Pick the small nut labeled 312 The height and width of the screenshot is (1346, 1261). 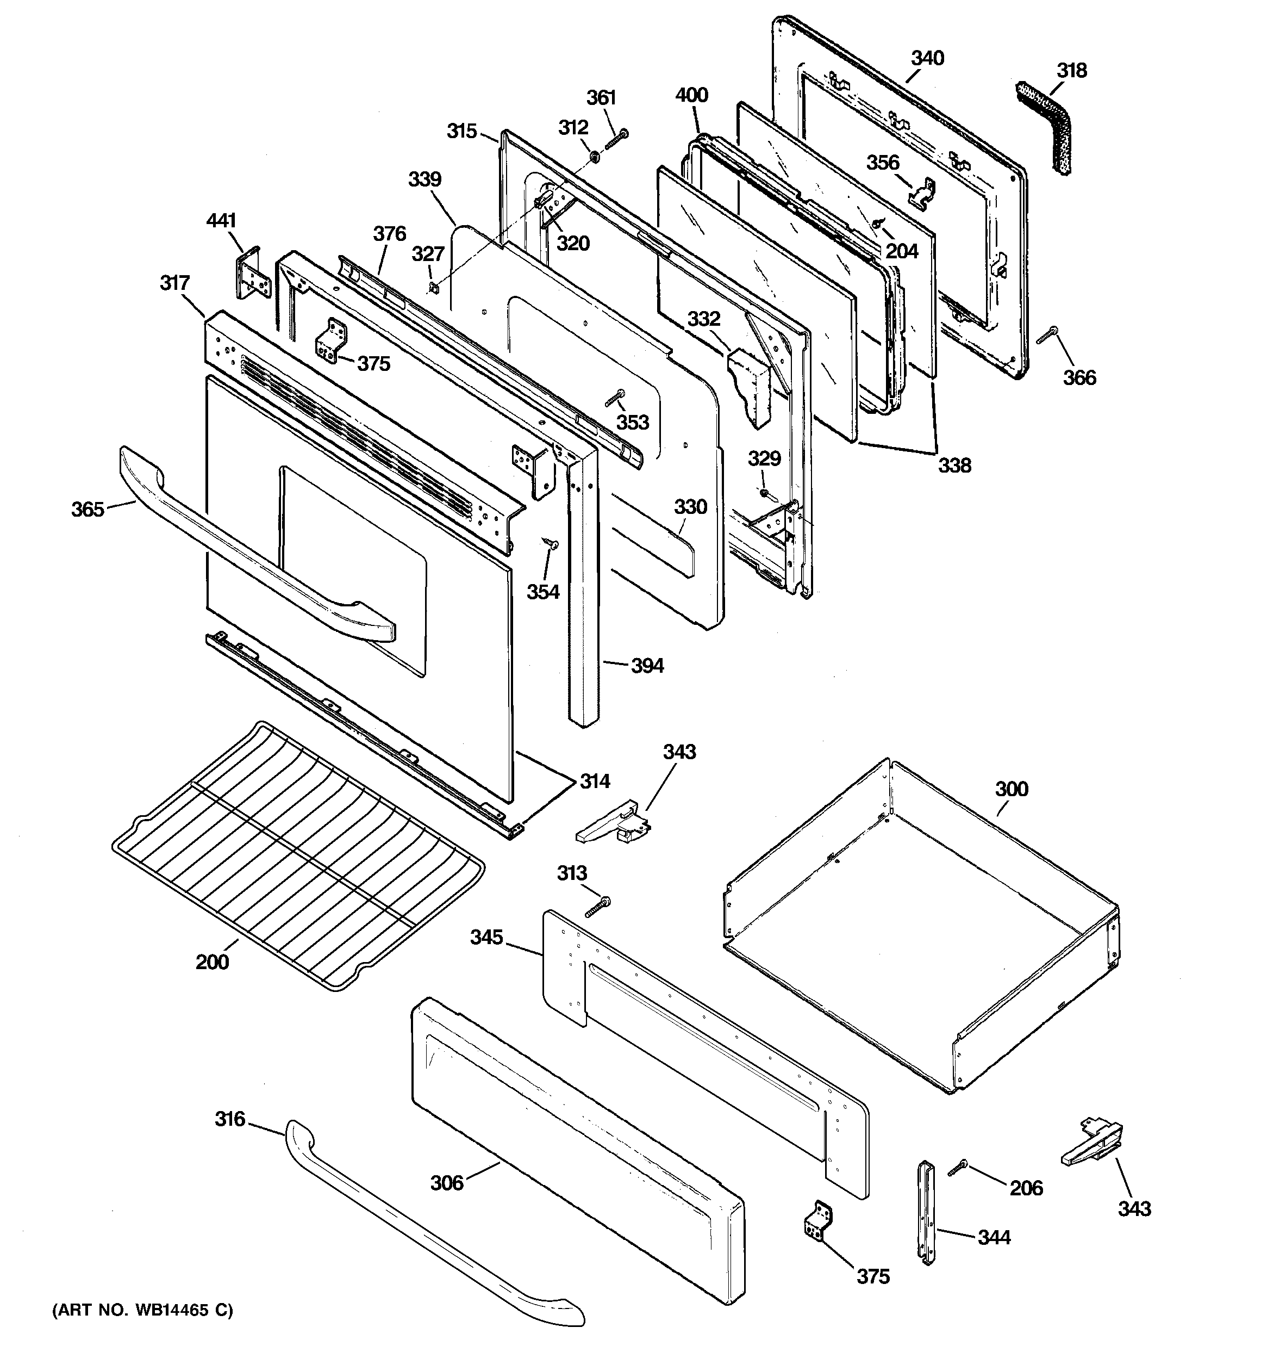[593, 157]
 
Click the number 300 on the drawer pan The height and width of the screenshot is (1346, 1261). [1011, 789]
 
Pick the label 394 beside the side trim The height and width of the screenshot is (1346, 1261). [647, 666]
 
